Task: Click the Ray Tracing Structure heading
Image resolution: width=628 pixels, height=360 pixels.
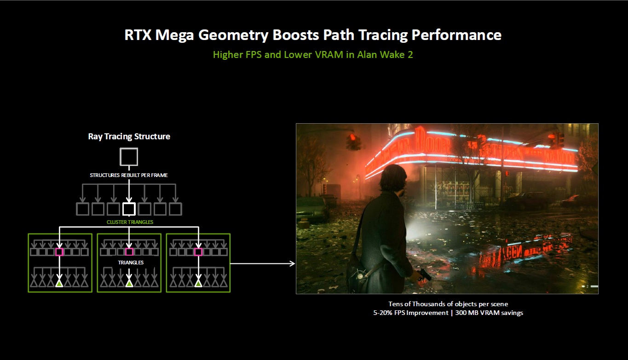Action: point(129,137)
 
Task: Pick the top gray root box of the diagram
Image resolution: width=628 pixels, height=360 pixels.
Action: point(129,157)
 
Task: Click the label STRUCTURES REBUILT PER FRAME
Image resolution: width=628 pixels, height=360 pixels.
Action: point(129,175)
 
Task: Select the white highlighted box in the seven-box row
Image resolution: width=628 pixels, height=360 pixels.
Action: point(129,209)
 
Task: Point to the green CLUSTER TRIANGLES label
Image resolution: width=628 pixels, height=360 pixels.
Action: point(129,222)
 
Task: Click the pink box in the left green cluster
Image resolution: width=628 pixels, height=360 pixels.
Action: point(59,252)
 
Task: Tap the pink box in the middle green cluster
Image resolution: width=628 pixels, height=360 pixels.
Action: point(129,252)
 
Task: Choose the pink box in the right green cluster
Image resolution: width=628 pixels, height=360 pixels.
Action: point(198,252)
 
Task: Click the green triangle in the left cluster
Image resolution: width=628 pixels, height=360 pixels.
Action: point(59,283)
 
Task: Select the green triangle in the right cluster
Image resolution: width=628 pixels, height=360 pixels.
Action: point(198,283)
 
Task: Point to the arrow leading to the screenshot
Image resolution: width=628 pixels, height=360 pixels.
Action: point(262,263)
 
